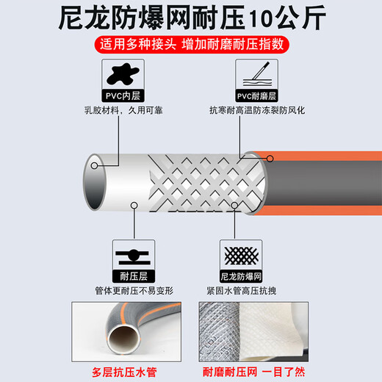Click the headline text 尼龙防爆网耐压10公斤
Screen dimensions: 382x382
[191, 18]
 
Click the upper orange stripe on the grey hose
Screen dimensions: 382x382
[323, 156]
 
